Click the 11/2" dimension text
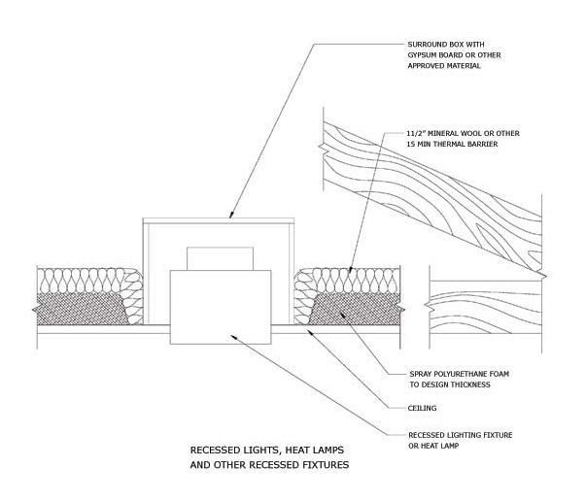(417, 133)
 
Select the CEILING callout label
(423, 408)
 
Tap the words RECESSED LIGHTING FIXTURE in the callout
(461, 435)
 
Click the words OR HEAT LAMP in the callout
(433, 446)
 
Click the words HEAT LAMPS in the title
(315, 451)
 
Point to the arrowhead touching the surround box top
(231, 215)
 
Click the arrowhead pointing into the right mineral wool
(350, 269)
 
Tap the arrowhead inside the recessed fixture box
(234, 337)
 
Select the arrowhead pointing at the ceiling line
(310, 331)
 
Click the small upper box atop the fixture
(221, 258)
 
